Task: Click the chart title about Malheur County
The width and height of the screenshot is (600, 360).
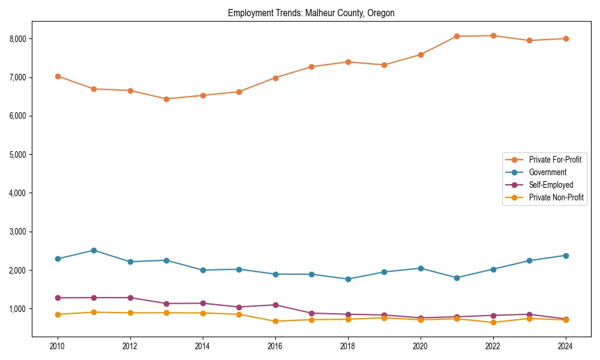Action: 311,13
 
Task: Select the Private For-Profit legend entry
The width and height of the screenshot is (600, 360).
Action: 555,160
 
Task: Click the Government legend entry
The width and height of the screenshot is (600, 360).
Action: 547,172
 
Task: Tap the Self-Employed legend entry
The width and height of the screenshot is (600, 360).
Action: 551,185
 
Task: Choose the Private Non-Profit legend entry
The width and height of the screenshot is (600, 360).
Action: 556,197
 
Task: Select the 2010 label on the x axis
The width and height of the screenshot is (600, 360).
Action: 58,346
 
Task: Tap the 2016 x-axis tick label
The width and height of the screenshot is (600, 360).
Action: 275,346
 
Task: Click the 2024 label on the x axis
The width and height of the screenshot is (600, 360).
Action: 565,346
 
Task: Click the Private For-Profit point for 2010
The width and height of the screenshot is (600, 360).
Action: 58,76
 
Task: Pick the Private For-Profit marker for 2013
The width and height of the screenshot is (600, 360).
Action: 166,99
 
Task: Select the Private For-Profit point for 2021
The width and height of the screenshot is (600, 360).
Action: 457,36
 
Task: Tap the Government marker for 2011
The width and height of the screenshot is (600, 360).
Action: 94,250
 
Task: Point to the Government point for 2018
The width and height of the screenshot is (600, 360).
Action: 348,279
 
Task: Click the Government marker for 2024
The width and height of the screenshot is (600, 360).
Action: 565,256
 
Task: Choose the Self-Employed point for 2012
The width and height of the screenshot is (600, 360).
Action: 130,298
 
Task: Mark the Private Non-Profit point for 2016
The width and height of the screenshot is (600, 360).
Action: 275,321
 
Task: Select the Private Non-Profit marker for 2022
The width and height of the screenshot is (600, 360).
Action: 493,322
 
